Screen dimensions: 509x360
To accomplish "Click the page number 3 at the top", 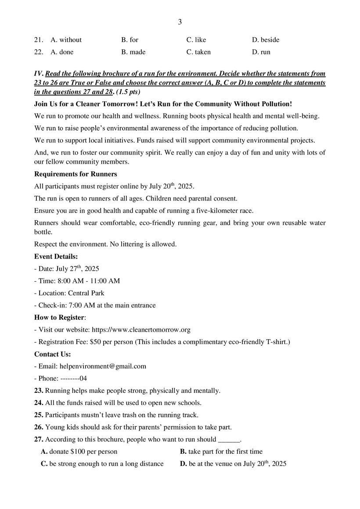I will point(180,22).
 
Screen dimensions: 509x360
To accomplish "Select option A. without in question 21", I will point(66,40).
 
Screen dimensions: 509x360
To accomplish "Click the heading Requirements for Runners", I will point(76,174).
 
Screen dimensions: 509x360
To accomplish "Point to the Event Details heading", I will point(56,257).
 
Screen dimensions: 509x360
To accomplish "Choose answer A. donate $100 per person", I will point(79,452).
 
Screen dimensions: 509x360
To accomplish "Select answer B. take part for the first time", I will point(221,452).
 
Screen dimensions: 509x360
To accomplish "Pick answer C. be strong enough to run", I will point(102,464).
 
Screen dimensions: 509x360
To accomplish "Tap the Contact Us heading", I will point(53,354).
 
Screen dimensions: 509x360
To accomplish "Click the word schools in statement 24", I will point(191,403).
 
